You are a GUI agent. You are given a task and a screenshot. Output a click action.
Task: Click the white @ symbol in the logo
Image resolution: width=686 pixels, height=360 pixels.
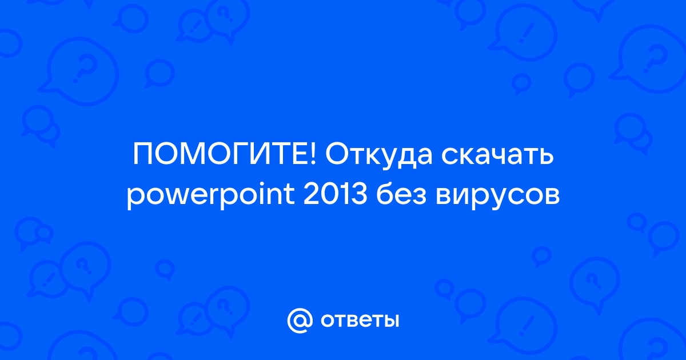pyautogui.click(x=300, y=321)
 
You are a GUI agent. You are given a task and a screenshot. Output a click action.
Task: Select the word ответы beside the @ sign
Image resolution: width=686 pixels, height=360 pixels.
pyautogui.click(x=360, y=321)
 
